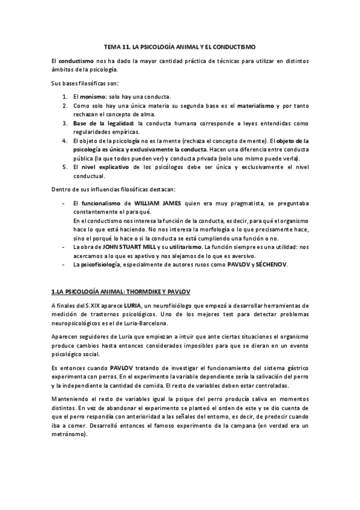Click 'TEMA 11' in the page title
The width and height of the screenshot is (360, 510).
(x=117, y=46)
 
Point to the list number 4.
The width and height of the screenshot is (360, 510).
(x=65, y=141)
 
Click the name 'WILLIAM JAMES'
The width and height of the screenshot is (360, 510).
(x=160, y=204)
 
